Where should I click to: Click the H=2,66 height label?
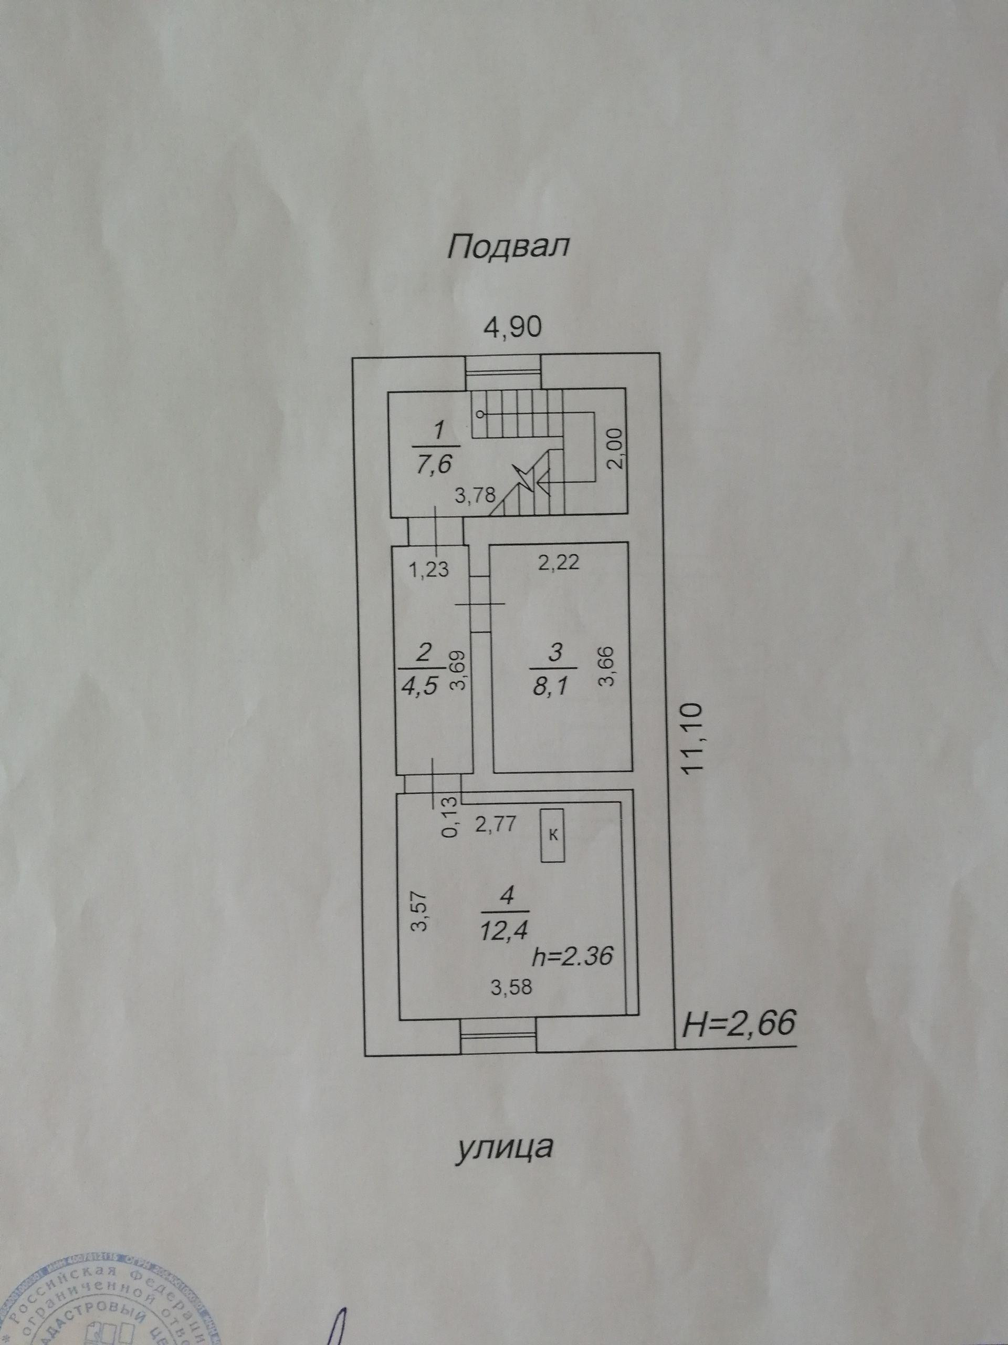tap(738, 1024)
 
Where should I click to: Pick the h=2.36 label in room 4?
tap(572, 957)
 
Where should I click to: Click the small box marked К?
tap(553, 835)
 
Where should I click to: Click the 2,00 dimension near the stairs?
tap(614, 448)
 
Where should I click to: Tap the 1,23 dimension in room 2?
tap(429, 570)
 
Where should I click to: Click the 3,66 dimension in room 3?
tap(607, 666)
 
